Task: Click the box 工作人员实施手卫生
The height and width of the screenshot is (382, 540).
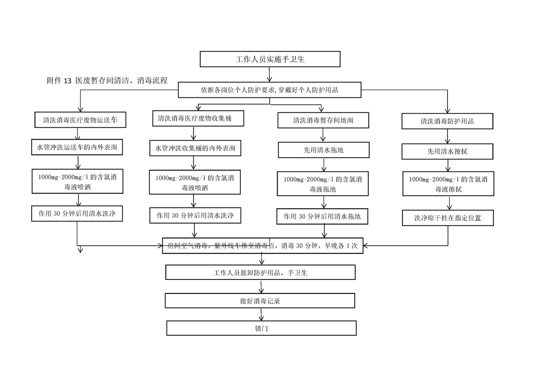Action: pyautogui.click(x=270, y=59)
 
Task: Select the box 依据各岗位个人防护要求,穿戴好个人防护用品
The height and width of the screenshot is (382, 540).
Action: pyautogui.click(x=270, y=90)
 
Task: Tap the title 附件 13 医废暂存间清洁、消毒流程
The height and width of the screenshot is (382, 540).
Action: pyautogui.click(x=107, y=80)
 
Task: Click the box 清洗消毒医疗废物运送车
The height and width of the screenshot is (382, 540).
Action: pyautogui.click(x=80, y=119)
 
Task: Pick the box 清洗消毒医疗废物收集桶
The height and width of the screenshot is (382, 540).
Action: pyautogui.click(x=198, y=118)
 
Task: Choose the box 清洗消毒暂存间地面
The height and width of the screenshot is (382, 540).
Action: pyautogui.click(x=323, y=120)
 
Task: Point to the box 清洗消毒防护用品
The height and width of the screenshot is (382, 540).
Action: pyautogui.click(x=447, y=121)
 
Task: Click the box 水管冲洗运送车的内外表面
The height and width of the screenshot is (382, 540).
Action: pyautogui.click(x=77, y=147)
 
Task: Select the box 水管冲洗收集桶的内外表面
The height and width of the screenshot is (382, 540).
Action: pyautogui.click(x=195, y=148)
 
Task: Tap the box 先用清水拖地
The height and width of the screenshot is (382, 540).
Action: pyautogui.click(x=323, y=150)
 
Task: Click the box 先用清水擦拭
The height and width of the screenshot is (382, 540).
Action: pyautogui.click(x=447, y=151)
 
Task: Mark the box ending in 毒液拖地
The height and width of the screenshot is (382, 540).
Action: pyautogui.click(x=322, y=184)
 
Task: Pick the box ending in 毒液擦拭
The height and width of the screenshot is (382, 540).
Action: pyautogui.click(x=448, y=184)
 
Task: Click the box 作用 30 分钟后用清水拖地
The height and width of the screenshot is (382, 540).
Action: pyautogui.click(x=322, y=216)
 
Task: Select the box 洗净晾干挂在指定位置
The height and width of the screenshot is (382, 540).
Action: pyautogui.click(x=448, y=218)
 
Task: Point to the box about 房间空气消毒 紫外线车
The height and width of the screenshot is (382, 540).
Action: pyautogui.click(x=262, y=246)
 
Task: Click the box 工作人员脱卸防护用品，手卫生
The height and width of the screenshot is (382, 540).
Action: pyautogui.click(x=260, y=272)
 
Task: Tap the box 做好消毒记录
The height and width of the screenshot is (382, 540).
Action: pyautogui.click(x=260, y=301)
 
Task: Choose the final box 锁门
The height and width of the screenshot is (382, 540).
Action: pyautogui.click(x=261, y=328)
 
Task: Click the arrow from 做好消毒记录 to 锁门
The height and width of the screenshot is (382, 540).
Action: pyautogui.click(x=261, y=315)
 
